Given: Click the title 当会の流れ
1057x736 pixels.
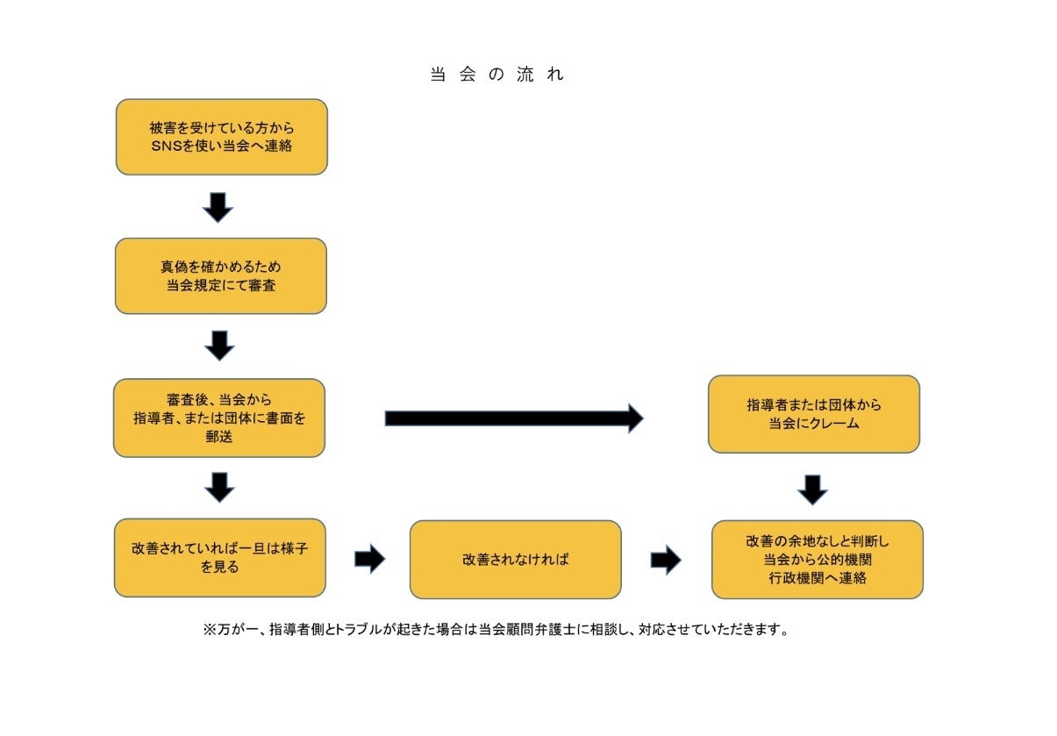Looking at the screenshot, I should pos(496,75).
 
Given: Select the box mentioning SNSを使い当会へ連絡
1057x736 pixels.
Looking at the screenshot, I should pos(221,137).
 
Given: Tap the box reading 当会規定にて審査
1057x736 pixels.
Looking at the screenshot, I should pos(220,275).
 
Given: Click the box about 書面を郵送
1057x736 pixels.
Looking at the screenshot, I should pos(218,418).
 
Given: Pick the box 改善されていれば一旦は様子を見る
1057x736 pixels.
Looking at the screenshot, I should pos(219,557).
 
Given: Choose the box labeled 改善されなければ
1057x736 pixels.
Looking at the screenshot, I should pos(515,559).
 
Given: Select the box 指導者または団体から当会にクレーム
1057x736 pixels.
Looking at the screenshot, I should pos(813,414).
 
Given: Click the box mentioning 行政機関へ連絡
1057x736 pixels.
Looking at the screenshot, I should pos(817,559).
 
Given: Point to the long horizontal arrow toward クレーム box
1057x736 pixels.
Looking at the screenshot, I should pos(513,418).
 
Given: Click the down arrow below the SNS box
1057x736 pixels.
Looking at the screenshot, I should pos(218,207).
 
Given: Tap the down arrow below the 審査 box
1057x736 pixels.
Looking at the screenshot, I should pos(219,346).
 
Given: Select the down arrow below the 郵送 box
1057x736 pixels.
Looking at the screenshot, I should pos(219,487).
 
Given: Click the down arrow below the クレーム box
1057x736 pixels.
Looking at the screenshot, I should pos(813,489).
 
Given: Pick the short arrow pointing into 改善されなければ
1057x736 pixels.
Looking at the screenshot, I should pos(369,559).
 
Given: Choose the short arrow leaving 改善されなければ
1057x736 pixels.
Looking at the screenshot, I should pos(666,559).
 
